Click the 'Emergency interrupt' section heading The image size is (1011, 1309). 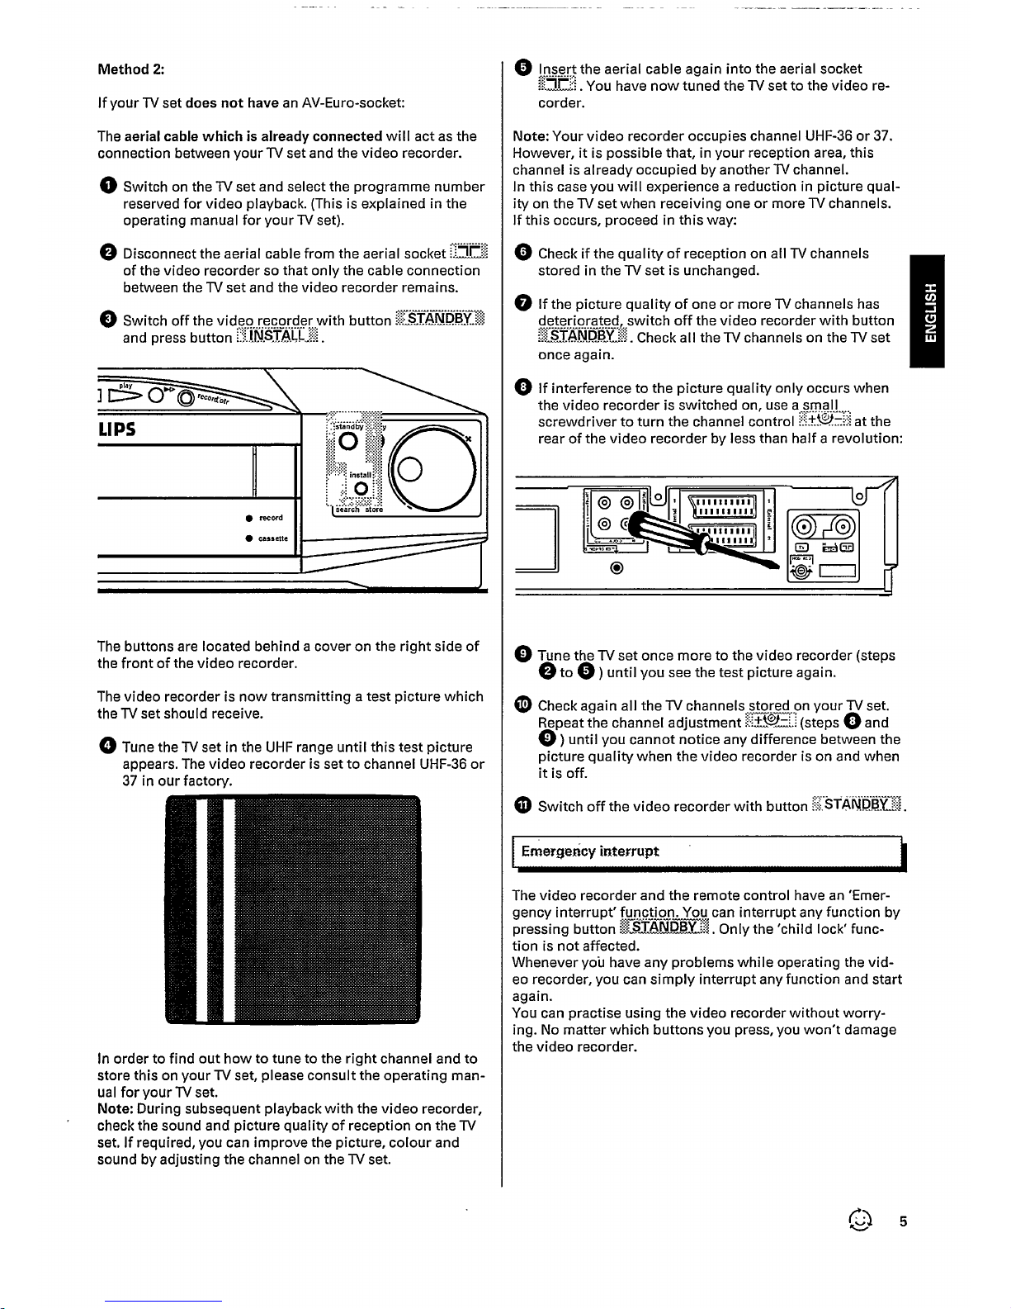coord(590,851)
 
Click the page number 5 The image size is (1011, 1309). coord(903,1222)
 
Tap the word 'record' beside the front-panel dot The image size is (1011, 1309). coord(271,518)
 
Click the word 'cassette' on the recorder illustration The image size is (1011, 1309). coord(273,538)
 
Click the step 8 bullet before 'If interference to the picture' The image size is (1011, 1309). coord(521,388)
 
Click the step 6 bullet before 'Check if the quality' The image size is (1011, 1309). coord(521,254)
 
